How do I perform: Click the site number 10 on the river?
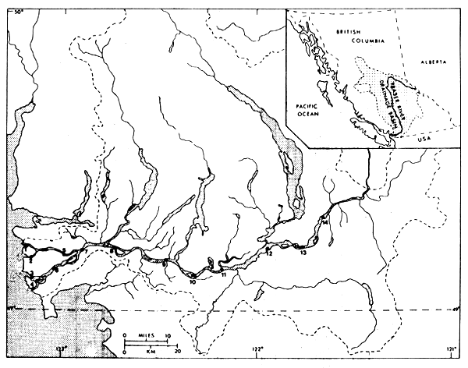click(x=192, y=281)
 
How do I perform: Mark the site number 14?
click(x=324, y=225)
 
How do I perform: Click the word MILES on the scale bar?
click(x=146, y=333)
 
